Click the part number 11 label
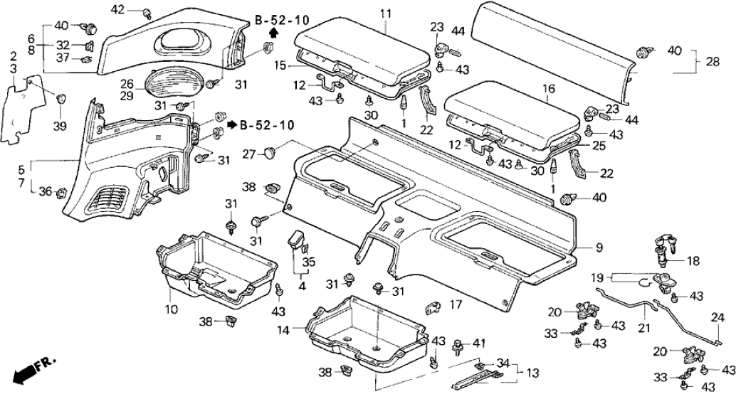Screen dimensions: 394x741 pos(385,14)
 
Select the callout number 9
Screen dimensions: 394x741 pos(599,247)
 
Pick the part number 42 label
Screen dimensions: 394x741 pos(117,9)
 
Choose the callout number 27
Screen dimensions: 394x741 pos(248,153)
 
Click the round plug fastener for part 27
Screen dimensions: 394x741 pos(270,151)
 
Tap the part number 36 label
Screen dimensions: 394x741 pos(45,191)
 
